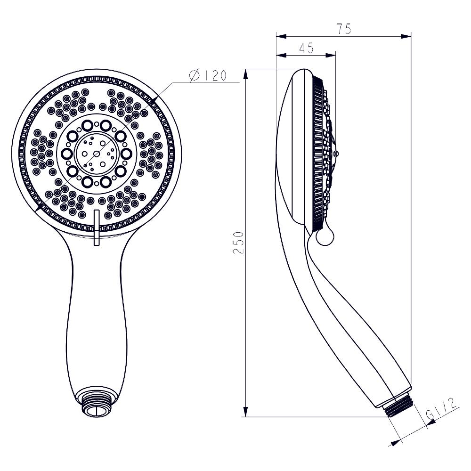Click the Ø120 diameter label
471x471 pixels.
click(208, 76)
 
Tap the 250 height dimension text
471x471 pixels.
click(239, 243)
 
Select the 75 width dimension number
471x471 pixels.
click(344, 29)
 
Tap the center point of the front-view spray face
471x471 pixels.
click(97, 153)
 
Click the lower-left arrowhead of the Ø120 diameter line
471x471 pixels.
click(40, 208)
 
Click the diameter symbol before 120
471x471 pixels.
click(195, 76)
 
